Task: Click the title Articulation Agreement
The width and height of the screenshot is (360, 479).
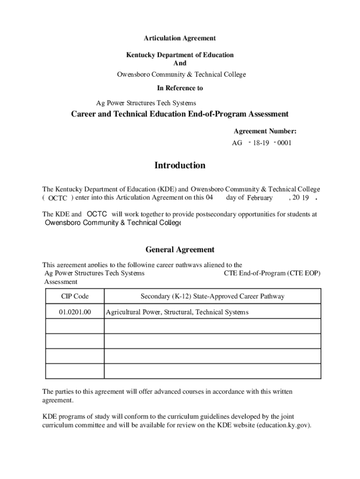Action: point(180,38)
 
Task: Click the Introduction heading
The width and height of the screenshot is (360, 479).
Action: point(180,166)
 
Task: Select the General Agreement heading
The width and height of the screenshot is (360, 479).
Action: point(180,250)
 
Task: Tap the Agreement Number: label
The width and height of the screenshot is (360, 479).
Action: point(265,131)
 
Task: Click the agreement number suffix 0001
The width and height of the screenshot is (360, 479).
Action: point(284,143)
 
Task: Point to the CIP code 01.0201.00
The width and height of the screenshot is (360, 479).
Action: point(75,312)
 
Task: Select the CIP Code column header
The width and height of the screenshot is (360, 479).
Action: point(75,297)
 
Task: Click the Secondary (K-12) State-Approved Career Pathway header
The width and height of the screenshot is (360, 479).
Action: point(212,297)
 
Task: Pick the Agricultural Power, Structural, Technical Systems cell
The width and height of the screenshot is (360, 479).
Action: point(177,312)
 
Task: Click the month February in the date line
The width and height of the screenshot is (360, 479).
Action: point(259,198)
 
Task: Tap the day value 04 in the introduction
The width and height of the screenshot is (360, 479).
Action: point(209,197)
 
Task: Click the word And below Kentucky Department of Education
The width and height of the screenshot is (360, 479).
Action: point(180,63)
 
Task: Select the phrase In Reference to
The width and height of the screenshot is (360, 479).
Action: point(180,88)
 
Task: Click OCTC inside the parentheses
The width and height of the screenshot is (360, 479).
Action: point(58,198)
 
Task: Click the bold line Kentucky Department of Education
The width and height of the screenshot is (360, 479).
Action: point(180,55)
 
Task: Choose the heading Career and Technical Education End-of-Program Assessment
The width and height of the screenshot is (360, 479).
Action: point(180,114)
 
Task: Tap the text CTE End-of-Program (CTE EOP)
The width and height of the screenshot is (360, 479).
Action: point(273,273)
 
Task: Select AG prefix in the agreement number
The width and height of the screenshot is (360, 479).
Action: point(237,143)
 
